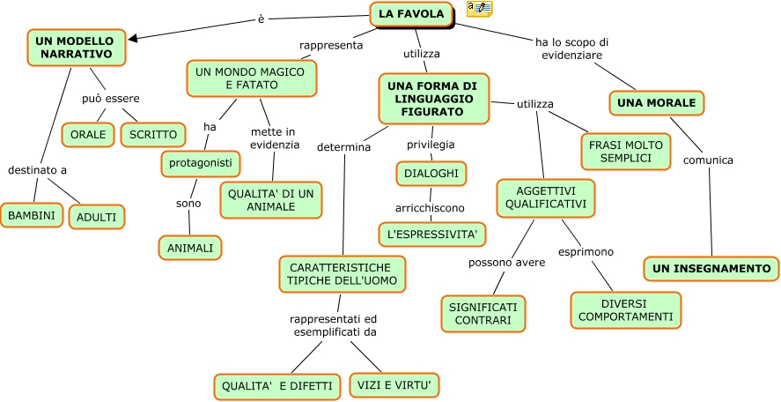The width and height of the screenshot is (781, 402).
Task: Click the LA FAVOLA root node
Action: coord(412,14)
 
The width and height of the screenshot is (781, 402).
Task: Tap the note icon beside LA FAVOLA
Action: coord(479,9)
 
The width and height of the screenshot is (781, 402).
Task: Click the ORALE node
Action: coord(89,135)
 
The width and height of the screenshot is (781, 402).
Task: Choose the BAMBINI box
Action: coord(31,214)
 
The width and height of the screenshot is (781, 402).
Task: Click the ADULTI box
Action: coord(96,216)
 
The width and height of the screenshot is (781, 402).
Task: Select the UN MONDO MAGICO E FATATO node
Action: coord(251,78)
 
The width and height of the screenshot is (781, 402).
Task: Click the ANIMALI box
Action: coord(189,248)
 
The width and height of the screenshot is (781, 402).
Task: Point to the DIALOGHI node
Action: coord(431,174)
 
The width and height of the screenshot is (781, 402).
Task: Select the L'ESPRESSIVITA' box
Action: coord(432,234)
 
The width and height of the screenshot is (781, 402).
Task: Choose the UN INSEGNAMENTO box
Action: coord(711,268)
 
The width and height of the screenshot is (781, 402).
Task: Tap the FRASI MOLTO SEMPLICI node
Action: coord(625,150)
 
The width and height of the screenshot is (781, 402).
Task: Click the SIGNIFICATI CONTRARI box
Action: coord(483,313)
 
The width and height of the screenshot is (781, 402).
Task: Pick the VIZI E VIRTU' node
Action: coord(394,385)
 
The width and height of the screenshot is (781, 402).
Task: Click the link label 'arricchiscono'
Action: coord(429,208)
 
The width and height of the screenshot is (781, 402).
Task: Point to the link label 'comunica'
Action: coord(708,160)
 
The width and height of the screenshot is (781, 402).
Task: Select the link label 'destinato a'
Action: coord(37,169)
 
